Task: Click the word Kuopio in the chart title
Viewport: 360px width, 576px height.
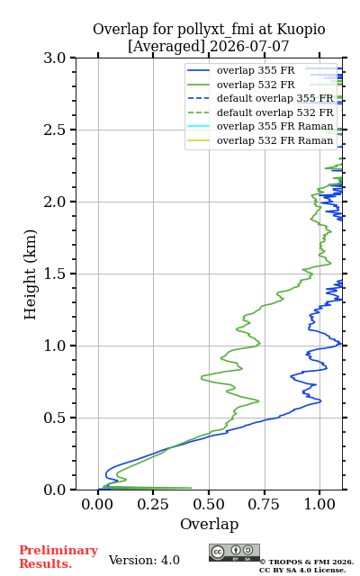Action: (301, 30)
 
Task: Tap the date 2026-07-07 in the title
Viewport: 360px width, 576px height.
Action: (249, 47)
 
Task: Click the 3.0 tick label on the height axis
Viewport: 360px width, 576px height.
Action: (55, 58)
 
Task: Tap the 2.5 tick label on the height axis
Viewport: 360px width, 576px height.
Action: (55, 130)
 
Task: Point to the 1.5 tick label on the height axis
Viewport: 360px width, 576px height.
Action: (55, 274)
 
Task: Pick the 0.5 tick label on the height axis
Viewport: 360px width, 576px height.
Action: (55, 418)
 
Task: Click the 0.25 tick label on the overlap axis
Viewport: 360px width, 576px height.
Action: (153, 504)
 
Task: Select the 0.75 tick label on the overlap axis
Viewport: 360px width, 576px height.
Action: (264, 504)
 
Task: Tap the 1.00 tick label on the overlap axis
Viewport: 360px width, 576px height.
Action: (319, 504)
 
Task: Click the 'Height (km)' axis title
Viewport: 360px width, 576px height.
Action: (31, 274)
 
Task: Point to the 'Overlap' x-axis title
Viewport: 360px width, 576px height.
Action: (210, 525)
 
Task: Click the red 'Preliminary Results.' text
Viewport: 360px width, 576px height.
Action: (58, 557)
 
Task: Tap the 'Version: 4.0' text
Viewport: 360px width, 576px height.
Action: (144, 560)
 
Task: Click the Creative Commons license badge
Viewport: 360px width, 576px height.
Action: (234, 553)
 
